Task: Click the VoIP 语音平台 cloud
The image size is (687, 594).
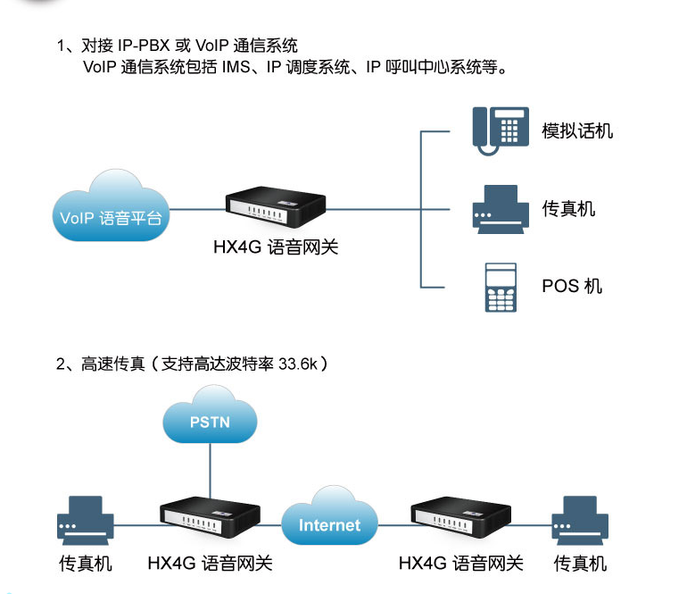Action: pyautogui.click(x=111, y=211)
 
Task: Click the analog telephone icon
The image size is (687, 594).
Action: pyautogui.click(x=496, y=131)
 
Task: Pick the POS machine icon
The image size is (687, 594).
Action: pyautogui.click(x=501, y=287)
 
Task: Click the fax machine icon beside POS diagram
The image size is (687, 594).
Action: pyautogui.click(x=496, y=209)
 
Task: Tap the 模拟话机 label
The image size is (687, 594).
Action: pyautogui.click(x=577, y=131)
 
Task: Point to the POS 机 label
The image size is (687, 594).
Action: pyautogui.click(x=572, y=286)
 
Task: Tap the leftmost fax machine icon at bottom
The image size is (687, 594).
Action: pyautogui.click(x=85, y=520)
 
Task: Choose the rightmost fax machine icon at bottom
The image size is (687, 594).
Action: pyautogui.click(x=580, y=520)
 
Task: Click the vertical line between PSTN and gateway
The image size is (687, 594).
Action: pyautogui.click(x=210, y=469)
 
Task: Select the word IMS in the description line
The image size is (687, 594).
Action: pyautogui.click(x=236, y=67)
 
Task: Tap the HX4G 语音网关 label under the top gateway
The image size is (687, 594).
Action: pyautogui.click(x=276, y=247)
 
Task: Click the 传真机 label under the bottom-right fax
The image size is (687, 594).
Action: pyautogui.click(x=580, y=564)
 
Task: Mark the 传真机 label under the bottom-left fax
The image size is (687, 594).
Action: pyautogui.click(x=86, y=564)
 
